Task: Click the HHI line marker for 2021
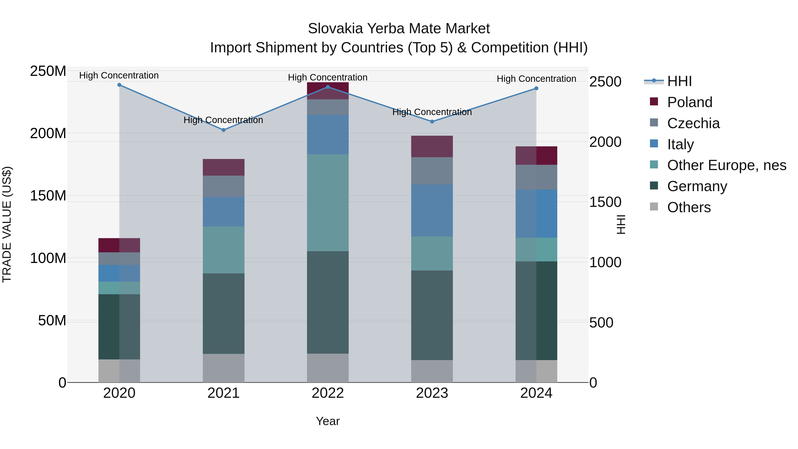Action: [x=223, y=130]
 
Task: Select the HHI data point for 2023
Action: [x=432, y=122]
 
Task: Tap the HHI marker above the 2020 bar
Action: [x=119, y=85]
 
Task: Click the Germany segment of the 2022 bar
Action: [x=328, y=302]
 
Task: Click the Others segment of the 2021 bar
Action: [x=223, y=368]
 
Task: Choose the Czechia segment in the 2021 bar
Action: [x=223, y=186]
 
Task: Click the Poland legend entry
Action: [x=690, y=102]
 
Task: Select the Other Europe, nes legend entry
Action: [x=726, y=165]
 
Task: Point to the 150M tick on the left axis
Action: [x=48, y=196]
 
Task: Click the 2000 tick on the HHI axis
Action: [x=605, y=142]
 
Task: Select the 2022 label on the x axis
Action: [x=328, y=393]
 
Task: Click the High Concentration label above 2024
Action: [x=536, y=79]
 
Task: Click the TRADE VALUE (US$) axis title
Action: [x=7, y=224]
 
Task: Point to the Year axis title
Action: [x=328, y=421]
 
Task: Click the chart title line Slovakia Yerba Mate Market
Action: [x=399, y=29]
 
